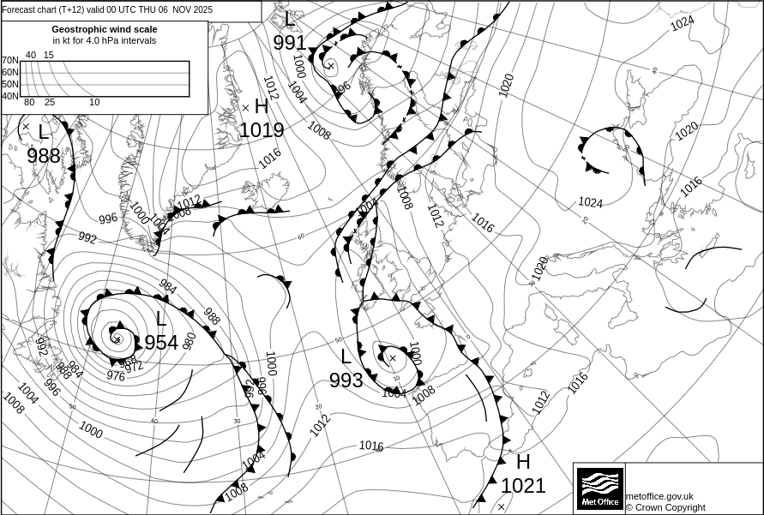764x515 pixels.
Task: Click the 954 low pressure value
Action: pyautogui.click(x=161, y=343)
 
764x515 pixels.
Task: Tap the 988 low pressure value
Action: pyautogui.click(x=44, y=156)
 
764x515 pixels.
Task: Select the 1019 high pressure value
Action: pyautogui.click(x=262, y=130)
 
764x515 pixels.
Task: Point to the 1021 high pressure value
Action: pyautogui.click(x=523, y=486)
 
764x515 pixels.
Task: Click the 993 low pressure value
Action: pyautogui.click(x=346, y=380)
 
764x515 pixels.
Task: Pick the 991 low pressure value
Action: pyautogui.click(x=290, y=43)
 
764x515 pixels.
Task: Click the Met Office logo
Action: pyautogui.click(x=599, y=488)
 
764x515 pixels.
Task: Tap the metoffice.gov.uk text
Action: pyautogui.click(x=659, y=496)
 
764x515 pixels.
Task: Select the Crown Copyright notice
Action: pyautogui.click(x=665, y=507)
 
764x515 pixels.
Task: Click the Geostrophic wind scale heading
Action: pyautogui.click(x=105, y=29)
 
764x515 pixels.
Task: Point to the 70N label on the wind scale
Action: pyautogui.click(x=9, y=61)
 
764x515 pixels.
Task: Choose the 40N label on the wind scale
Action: pyautogui.click(x=9, y=95)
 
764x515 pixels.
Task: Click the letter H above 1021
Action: pyautogui.click(x=523, y=462)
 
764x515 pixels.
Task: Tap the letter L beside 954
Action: pyautogui.click(x=161, y=320)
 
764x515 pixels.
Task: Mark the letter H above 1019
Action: pyautogui.click(x=262, y=107)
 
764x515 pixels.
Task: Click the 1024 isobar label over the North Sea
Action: pyautogui.click(x=590, y=202)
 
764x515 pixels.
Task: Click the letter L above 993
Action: pyautogui.click(x=346, y=357)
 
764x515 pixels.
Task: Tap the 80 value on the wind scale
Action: pyautogui.click(x=29, y=103)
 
